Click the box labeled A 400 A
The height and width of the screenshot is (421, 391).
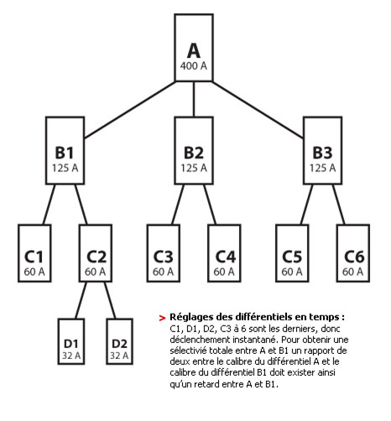(x=194, y=48)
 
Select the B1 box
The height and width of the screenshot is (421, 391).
(x=65, y=151)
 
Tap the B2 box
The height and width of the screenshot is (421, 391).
(x=194, y=151)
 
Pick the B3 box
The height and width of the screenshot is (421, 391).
(x=322, y=151)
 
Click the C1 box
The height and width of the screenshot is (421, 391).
(x=34, y=253)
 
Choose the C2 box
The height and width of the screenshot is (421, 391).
(x=96, y=253)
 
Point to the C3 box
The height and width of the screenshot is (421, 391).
(x=164, y=253)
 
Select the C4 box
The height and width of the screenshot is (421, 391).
(x=224, y=253)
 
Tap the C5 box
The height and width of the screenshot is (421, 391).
(x=292, y=253)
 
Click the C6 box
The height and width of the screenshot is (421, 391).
(x=353, y=253)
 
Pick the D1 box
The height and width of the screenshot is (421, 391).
(x=71, y=341)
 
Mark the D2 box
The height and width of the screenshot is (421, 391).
(x=119, y=341)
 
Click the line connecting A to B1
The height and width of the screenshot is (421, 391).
(x=130, y=110)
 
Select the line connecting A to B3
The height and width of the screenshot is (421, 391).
(x=258, y=110)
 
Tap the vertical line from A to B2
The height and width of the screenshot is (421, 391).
(x=194, y=99)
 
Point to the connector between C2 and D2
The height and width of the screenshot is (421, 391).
(x=110, y=300)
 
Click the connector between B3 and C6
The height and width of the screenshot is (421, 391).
(x=339, y=205)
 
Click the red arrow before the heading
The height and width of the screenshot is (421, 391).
(x=162, y=318)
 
